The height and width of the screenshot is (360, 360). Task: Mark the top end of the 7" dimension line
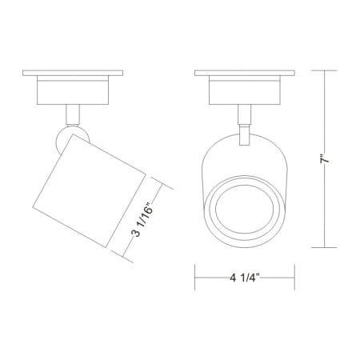325,70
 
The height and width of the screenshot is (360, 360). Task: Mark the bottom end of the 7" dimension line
325,245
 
